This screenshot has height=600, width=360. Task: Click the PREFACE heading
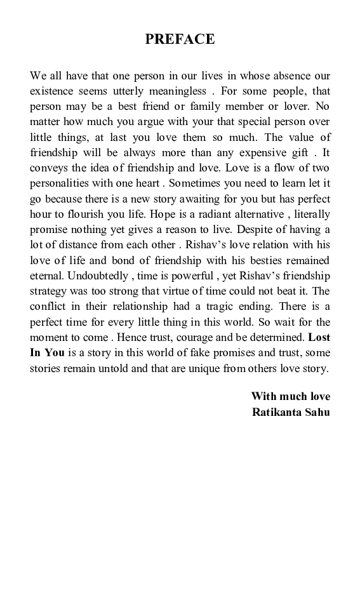[180, 39]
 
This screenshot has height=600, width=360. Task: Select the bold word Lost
[319, 337]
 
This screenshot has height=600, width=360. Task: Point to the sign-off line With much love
[291, 396]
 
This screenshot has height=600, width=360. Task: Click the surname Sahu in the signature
[317, 411]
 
